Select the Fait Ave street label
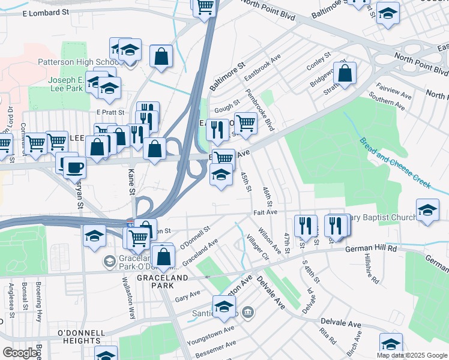(x=264, y=212)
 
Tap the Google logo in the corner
(x=20, y=352)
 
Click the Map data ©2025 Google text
(x=412, y=355)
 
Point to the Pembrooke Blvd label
(x=260, y=110)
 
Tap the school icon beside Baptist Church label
(x=427, y=211)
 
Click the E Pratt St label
(x=110, y=112)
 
